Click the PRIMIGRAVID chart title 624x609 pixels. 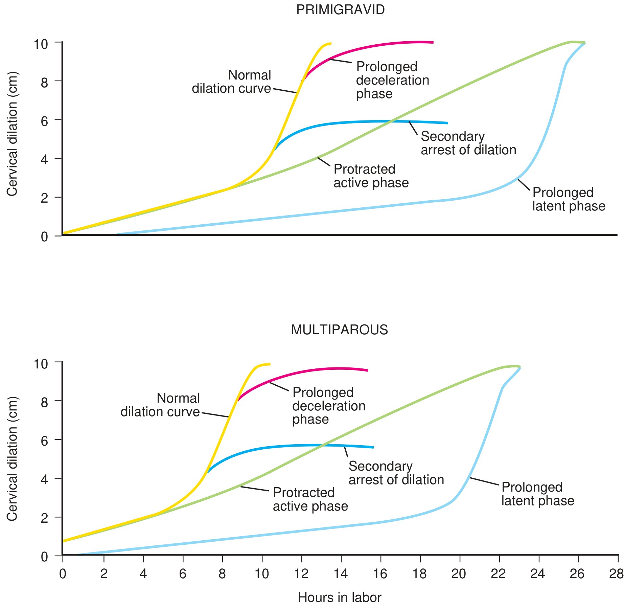tap(340, 10)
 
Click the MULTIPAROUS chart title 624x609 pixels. tap(339, 330)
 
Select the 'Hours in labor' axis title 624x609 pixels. tap(340, 597)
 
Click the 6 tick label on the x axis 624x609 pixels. tap(183, 574)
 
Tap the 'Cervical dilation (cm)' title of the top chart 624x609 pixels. tap(12, 134)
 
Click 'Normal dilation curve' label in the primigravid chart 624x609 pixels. tap(232, 82)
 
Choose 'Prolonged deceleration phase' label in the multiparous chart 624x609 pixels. tap(329, 406)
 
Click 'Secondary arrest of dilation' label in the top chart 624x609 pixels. tap(468, 143)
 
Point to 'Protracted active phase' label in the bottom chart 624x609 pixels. tap(310, 499)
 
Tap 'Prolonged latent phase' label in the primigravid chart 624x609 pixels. tap(569, 199)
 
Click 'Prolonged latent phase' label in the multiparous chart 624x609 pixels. tap(537, 494)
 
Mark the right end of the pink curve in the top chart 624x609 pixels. tap(433, 43)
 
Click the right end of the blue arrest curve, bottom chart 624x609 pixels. tap(373, 447)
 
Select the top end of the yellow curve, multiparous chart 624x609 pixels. tap(270, 364)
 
